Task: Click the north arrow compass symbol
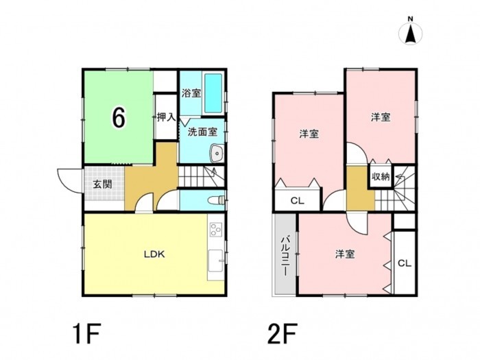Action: pyautogui.click(x=410, y=32)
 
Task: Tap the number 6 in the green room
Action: pyautogui.click(x=119, y=118)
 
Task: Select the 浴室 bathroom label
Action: pyautogui.click(x=191, y=93)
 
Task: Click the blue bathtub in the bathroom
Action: pyautogui.click(x=213, y=93)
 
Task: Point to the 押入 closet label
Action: pyautogui.click(x=166, y=117)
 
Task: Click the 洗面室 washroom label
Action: pyautogui.click(x=202, y=132)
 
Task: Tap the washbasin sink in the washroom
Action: pyautogui.click(x=217, y=152)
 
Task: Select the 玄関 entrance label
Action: pyautogui.click(x=103, y=184)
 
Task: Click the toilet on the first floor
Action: pyautogui.click(x=216, y=200)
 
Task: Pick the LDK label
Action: pyautogui.click(x=154, y=254)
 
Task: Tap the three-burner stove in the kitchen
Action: pyautogui.click(x=216, y=229)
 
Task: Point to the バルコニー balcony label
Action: pyautogui.click(x=285, y=256)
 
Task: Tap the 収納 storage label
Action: pyautogui.click(x=381, y=177)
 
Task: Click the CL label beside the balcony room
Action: pyautogui.click(x=405, y=263)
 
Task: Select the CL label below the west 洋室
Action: pyautogui.click(x=297, y=201)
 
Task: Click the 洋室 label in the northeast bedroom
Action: pyautogui.click(x=381, y=117)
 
